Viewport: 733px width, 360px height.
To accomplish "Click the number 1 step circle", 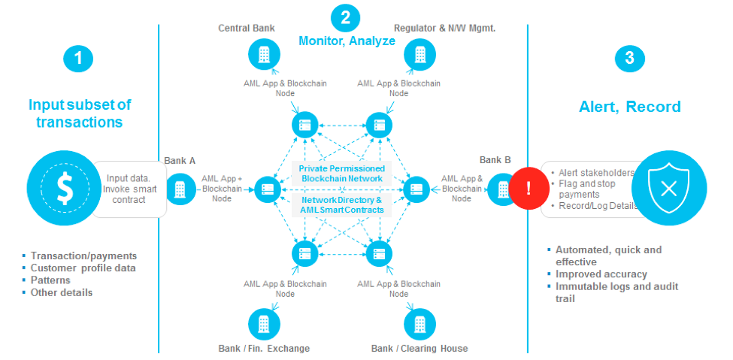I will coord(79,59).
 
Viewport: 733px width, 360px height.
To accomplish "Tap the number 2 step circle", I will coord(345,17).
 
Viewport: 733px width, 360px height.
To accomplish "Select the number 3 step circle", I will coord(629,59).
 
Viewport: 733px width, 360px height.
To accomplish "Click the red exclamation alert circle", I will coord(528,188).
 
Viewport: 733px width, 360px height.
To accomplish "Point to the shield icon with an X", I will coord(668,188).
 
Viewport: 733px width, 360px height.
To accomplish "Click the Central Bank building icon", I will coord(262,54).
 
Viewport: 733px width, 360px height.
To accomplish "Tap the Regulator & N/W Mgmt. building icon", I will coord(420,54).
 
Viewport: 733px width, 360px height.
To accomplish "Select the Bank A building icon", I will coord(180,189).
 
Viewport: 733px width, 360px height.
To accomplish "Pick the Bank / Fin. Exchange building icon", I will coord(263,324).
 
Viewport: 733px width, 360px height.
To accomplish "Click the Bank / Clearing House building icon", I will coord(419,324).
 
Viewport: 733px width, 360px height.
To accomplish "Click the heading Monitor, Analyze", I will coord(347,41).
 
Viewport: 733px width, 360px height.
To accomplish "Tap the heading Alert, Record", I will coord(630,107).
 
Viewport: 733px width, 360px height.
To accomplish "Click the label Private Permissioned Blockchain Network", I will coord(342,173).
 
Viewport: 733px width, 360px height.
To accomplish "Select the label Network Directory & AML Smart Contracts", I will coord(342,204).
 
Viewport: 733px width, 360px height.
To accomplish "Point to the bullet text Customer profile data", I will coord(83,268).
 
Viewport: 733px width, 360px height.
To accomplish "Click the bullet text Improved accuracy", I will coord(601,274).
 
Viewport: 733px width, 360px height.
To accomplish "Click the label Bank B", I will coord(495,160).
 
